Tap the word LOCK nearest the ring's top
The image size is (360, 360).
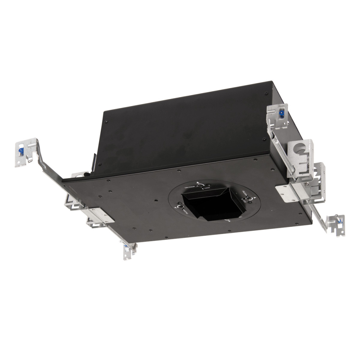207,188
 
